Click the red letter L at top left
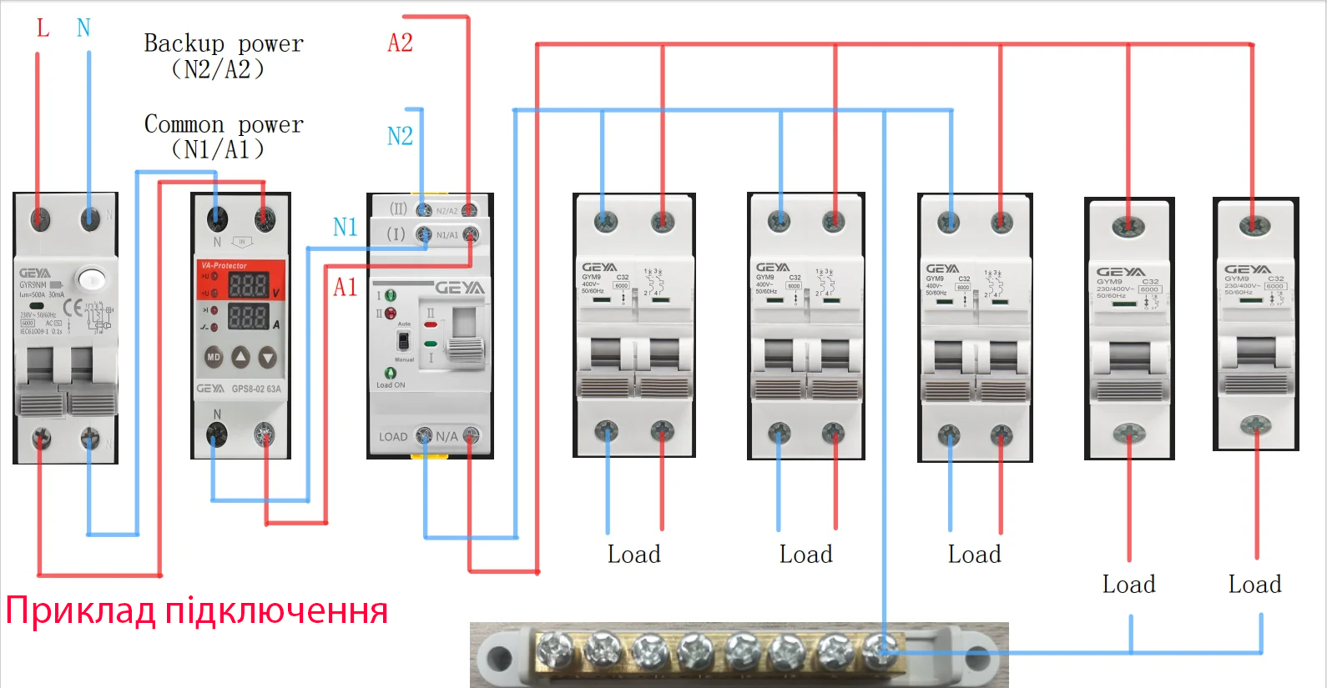pyautogui.click(x=43, y=28)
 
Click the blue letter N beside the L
pyautogui.click(x=83, y=28)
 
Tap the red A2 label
pyautogui.click(x=400, y=43)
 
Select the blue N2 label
pyautogui.click(x=400, y=136)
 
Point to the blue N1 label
pyautogui.click(x=345, y=227)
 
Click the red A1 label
pyautogui.click(x=345, y=288)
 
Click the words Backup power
pyautogui.click(x=224, y=43)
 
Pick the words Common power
pyautogui.click(x=224, y=124)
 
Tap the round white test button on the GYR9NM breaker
pyautogui.click(x=91, y=279)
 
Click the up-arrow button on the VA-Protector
pyautogui.click(x=240, y=357)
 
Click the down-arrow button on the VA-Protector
pyautogui.click(x=267, y=358)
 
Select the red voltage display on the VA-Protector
pyautogui.click(x=248, y=285)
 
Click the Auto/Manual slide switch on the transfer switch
pyautogui.click(x=403, y=340)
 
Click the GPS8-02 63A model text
pyautogui.click(x=256, y=389)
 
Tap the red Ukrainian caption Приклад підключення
pyautogui.click(x=197, y=610)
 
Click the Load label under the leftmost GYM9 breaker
pyautogui.click(x=633, y=555)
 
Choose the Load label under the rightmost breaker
pyautogui.click(x=1254, y=585)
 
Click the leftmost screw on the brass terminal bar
pyautogui.click(x=555, y=648)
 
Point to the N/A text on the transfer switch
pyautogui.click(x=447, y=436)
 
